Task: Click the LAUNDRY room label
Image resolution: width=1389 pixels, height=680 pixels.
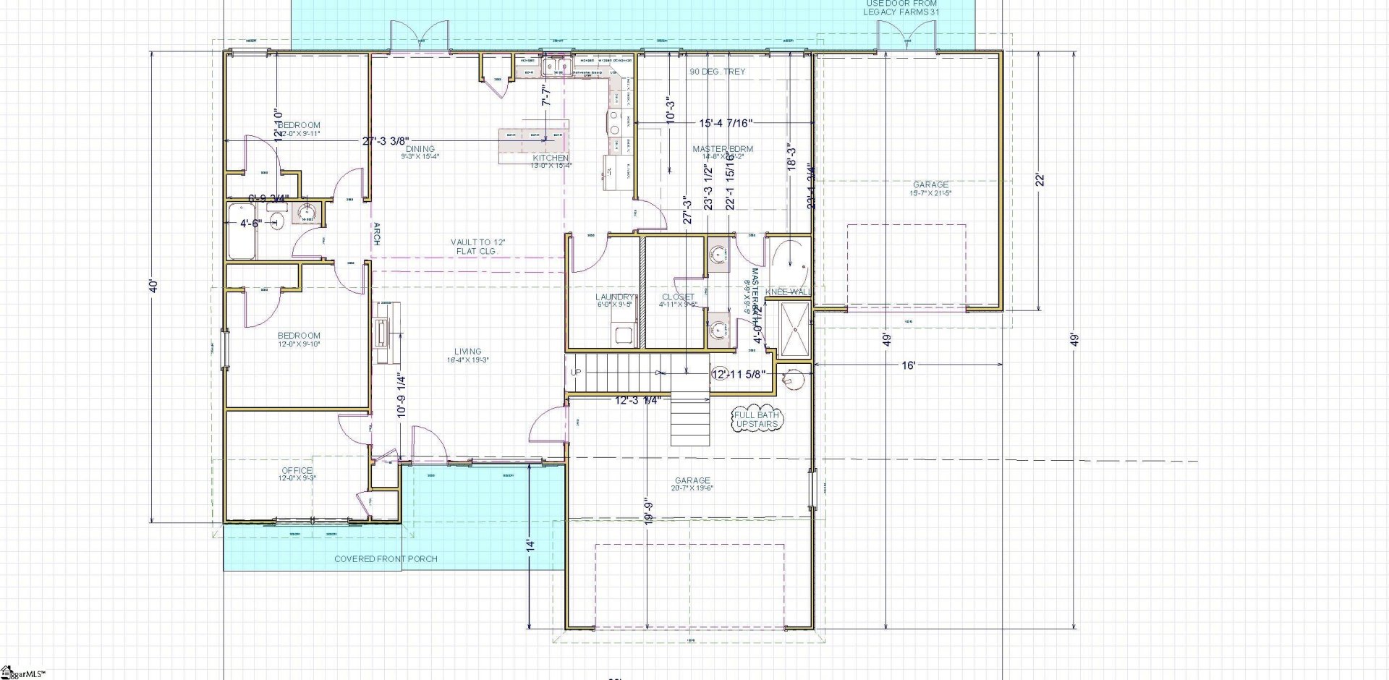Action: tap(615, 297)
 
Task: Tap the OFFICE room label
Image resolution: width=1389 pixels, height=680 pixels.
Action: tap(297, 471)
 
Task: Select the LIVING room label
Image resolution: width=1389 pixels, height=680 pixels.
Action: tap(468, 352)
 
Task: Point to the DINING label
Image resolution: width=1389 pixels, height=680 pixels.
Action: tap(420, 149)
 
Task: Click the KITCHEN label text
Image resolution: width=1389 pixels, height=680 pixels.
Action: tap(551, 158)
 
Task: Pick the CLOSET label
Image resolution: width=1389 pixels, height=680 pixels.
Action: tap(678, 297)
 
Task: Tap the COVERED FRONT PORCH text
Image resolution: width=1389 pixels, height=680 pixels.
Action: tap(386, 559)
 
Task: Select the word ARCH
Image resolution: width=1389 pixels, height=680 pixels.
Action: tap(376, 234)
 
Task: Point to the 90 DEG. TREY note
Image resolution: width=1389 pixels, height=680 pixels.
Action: tap(717, 72)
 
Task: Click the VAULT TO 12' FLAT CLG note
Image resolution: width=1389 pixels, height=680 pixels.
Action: tap(477, 246)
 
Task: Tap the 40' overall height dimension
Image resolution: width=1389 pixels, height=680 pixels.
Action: tap(152, 286)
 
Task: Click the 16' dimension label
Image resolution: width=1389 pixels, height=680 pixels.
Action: tap(909, 366)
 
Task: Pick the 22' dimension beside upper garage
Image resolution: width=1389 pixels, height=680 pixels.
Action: tap(1040, 180)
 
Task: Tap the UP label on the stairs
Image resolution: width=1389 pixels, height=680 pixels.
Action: tap(577, 373)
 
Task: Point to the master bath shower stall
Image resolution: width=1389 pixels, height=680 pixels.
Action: tap(794, 330)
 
